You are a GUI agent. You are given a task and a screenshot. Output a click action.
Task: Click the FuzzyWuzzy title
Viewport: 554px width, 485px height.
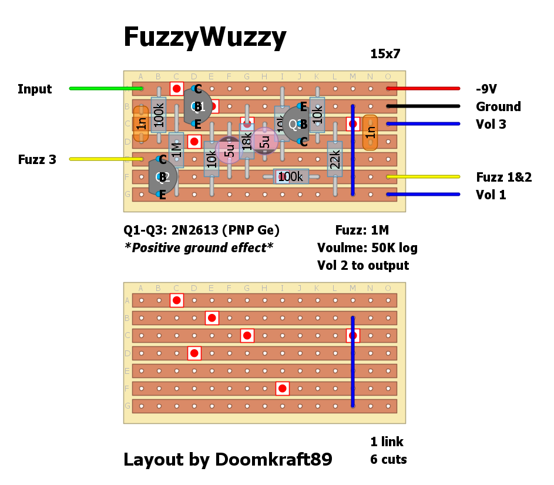(204, 38)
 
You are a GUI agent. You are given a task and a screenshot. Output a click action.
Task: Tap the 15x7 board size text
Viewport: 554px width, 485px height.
(385, 54)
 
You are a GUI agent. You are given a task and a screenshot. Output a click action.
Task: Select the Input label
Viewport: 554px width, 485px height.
(35, 89)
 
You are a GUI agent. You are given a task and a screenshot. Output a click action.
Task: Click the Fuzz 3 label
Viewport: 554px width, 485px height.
(37, 159)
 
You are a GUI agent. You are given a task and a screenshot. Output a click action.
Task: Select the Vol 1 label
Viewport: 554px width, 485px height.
(491, 195)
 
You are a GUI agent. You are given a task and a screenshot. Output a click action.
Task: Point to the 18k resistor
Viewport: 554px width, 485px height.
(247, 142)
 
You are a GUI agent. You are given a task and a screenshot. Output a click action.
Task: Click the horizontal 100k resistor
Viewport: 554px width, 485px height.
(291, 176)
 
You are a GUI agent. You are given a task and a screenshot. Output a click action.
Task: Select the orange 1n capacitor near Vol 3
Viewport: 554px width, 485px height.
(370, 133)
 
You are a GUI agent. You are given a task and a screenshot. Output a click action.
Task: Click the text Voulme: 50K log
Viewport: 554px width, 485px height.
(367, 248)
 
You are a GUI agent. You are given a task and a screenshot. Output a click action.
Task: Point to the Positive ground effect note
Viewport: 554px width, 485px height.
(199, 248)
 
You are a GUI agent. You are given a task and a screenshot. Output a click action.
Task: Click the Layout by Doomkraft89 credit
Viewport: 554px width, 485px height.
(227, 460)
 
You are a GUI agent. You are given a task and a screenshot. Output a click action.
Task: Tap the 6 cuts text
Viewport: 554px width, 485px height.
(388, 460)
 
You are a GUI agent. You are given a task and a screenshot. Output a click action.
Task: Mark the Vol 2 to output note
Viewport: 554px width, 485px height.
(363, 266)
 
